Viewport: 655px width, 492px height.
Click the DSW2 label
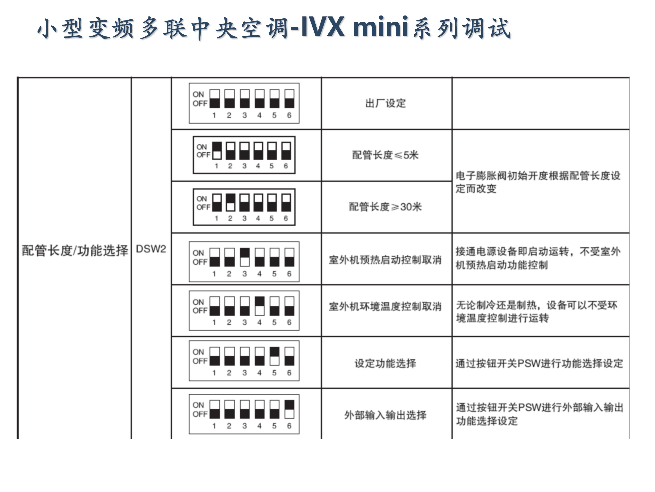click(151, 249)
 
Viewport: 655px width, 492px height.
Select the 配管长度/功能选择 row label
click(75, 251)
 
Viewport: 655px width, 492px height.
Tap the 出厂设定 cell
click(385, 103)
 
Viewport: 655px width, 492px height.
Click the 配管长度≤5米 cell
click(385, 155)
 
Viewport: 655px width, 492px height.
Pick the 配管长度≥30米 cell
click(385, 207)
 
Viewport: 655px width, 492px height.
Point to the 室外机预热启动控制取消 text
click(385, 260)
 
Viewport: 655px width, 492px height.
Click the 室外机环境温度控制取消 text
click(385, 306)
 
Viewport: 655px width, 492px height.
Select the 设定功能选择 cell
click(385, 363)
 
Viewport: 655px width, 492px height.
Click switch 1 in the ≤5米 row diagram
click(217, 151)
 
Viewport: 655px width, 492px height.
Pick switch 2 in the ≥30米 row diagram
click(230, 202)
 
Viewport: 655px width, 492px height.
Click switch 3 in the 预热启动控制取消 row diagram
click(244, 257)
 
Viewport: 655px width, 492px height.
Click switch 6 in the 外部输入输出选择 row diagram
click(289, 409)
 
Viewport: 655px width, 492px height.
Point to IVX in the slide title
click(323, 27)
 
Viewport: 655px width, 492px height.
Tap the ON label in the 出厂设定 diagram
click(198, 94)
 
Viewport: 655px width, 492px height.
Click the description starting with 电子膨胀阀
click(538, 182)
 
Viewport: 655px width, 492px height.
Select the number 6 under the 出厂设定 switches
click(289, 115)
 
